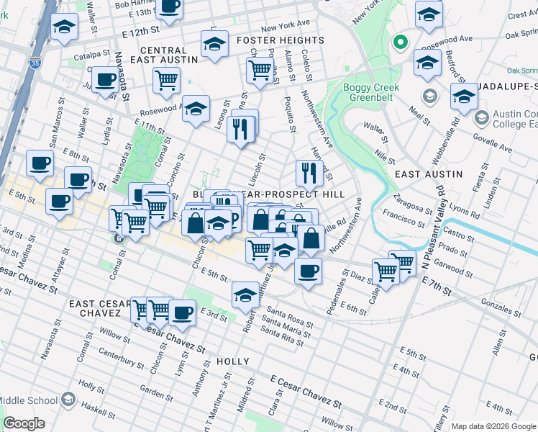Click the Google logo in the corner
[x=24, y=423]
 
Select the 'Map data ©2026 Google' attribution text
[x=493, y=426]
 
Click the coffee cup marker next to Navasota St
[x=105, y=79]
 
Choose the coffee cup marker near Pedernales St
[x=309, y=271]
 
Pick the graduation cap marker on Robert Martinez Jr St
[x=245, y=294]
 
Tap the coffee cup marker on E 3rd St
[x=183, y=312]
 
